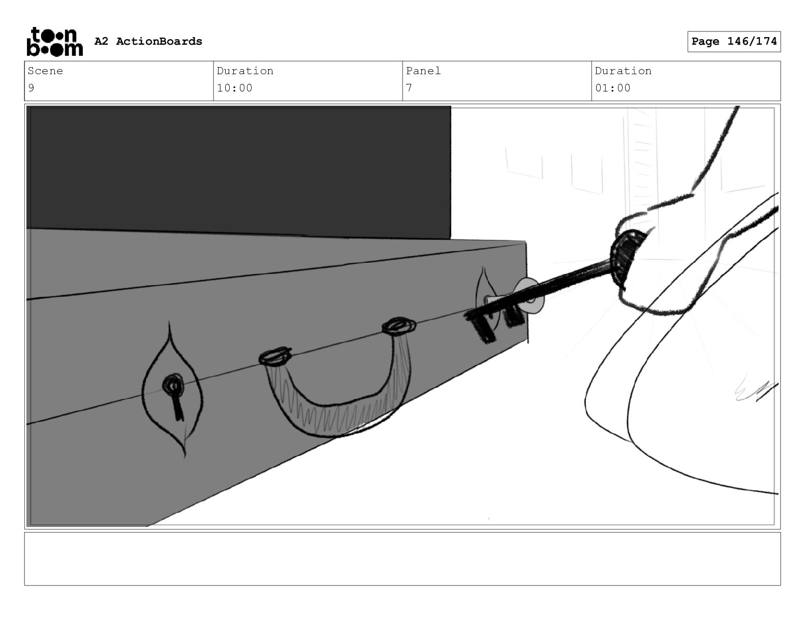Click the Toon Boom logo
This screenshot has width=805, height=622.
point(55,42)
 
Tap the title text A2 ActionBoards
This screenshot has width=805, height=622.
point(148,41)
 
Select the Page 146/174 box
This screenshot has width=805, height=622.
point(734,42)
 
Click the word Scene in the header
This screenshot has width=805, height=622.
point(45,71)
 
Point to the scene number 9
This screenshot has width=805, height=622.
point(31,88)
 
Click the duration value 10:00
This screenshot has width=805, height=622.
point(234,88)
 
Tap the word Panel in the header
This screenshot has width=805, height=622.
point(423,71)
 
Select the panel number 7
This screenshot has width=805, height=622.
point(409,88)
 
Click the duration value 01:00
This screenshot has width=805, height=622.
point(612,88)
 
